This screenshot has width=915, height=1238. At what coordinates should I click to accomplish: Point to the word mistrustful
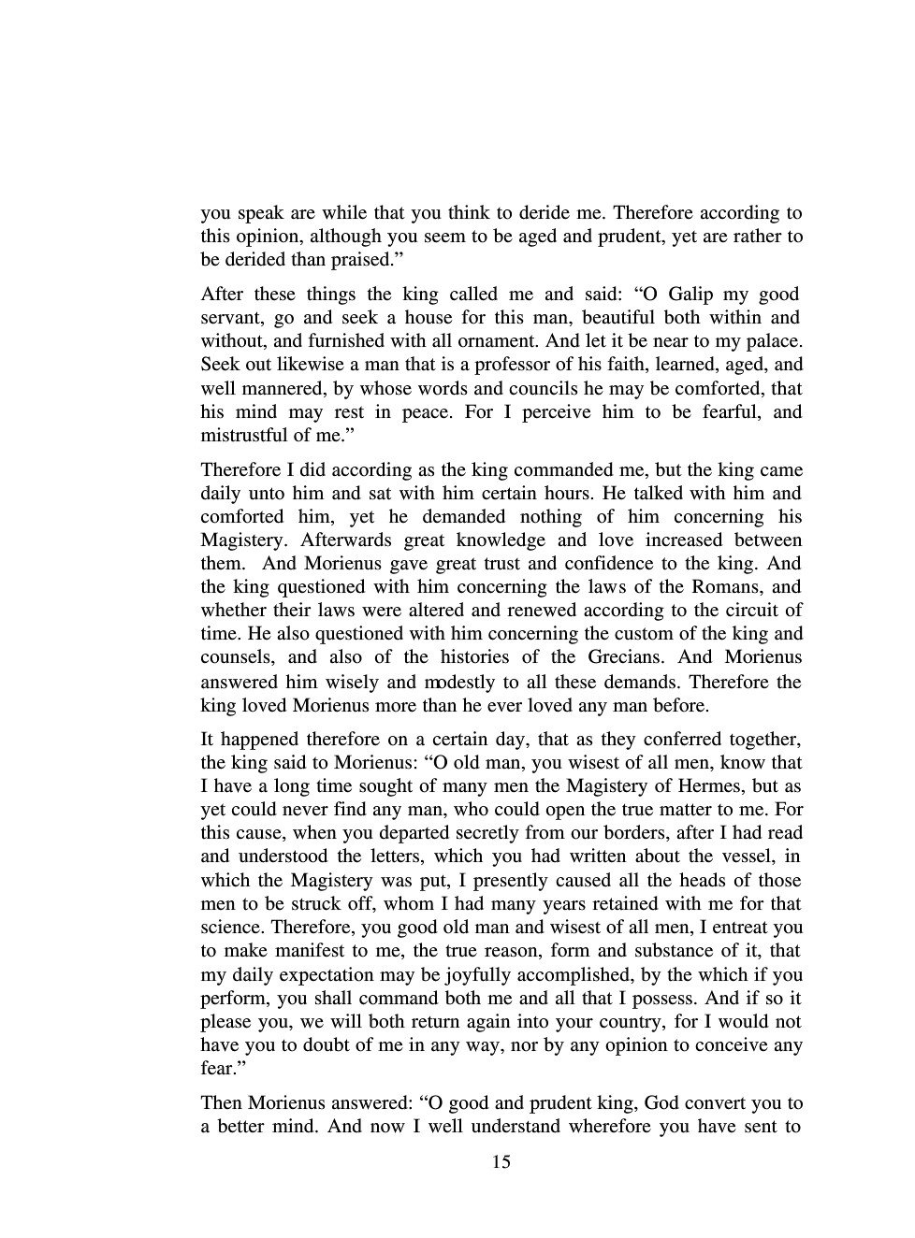click(246, 435)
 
